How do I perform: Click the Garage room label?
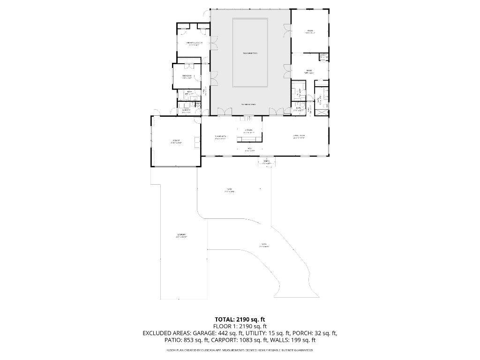click(x=176, y=141)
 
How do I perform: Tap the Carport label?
click(x=181, y=235)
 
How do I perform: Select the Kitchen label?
click(x=248, y=131)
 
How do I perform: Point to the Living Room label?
click(x=299, y=137)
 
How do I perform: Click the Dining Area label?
click(x=220, y=137)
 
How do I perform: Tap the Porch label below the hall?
click(x=266, y=162)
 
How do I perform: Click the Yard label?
click(x=229, y=190)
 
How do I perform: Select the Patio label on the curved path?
click(x=264, y=245)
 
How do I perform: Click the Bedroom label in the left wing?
click(x=187, y=76)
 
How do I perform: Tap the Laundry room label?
click(x=186, y=111)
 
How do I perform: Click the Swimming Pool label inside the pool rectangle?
click(x=250, y=53)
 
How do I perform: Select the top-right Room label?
click(x=309, y=32)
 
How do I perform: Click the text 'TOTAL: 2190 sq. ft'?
click(x=240, y=319)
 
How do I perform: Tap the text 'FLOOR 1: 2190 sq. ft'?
click(x=240, y=326)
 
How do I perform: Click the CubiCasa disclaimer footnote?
click(x=240, y=350)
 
